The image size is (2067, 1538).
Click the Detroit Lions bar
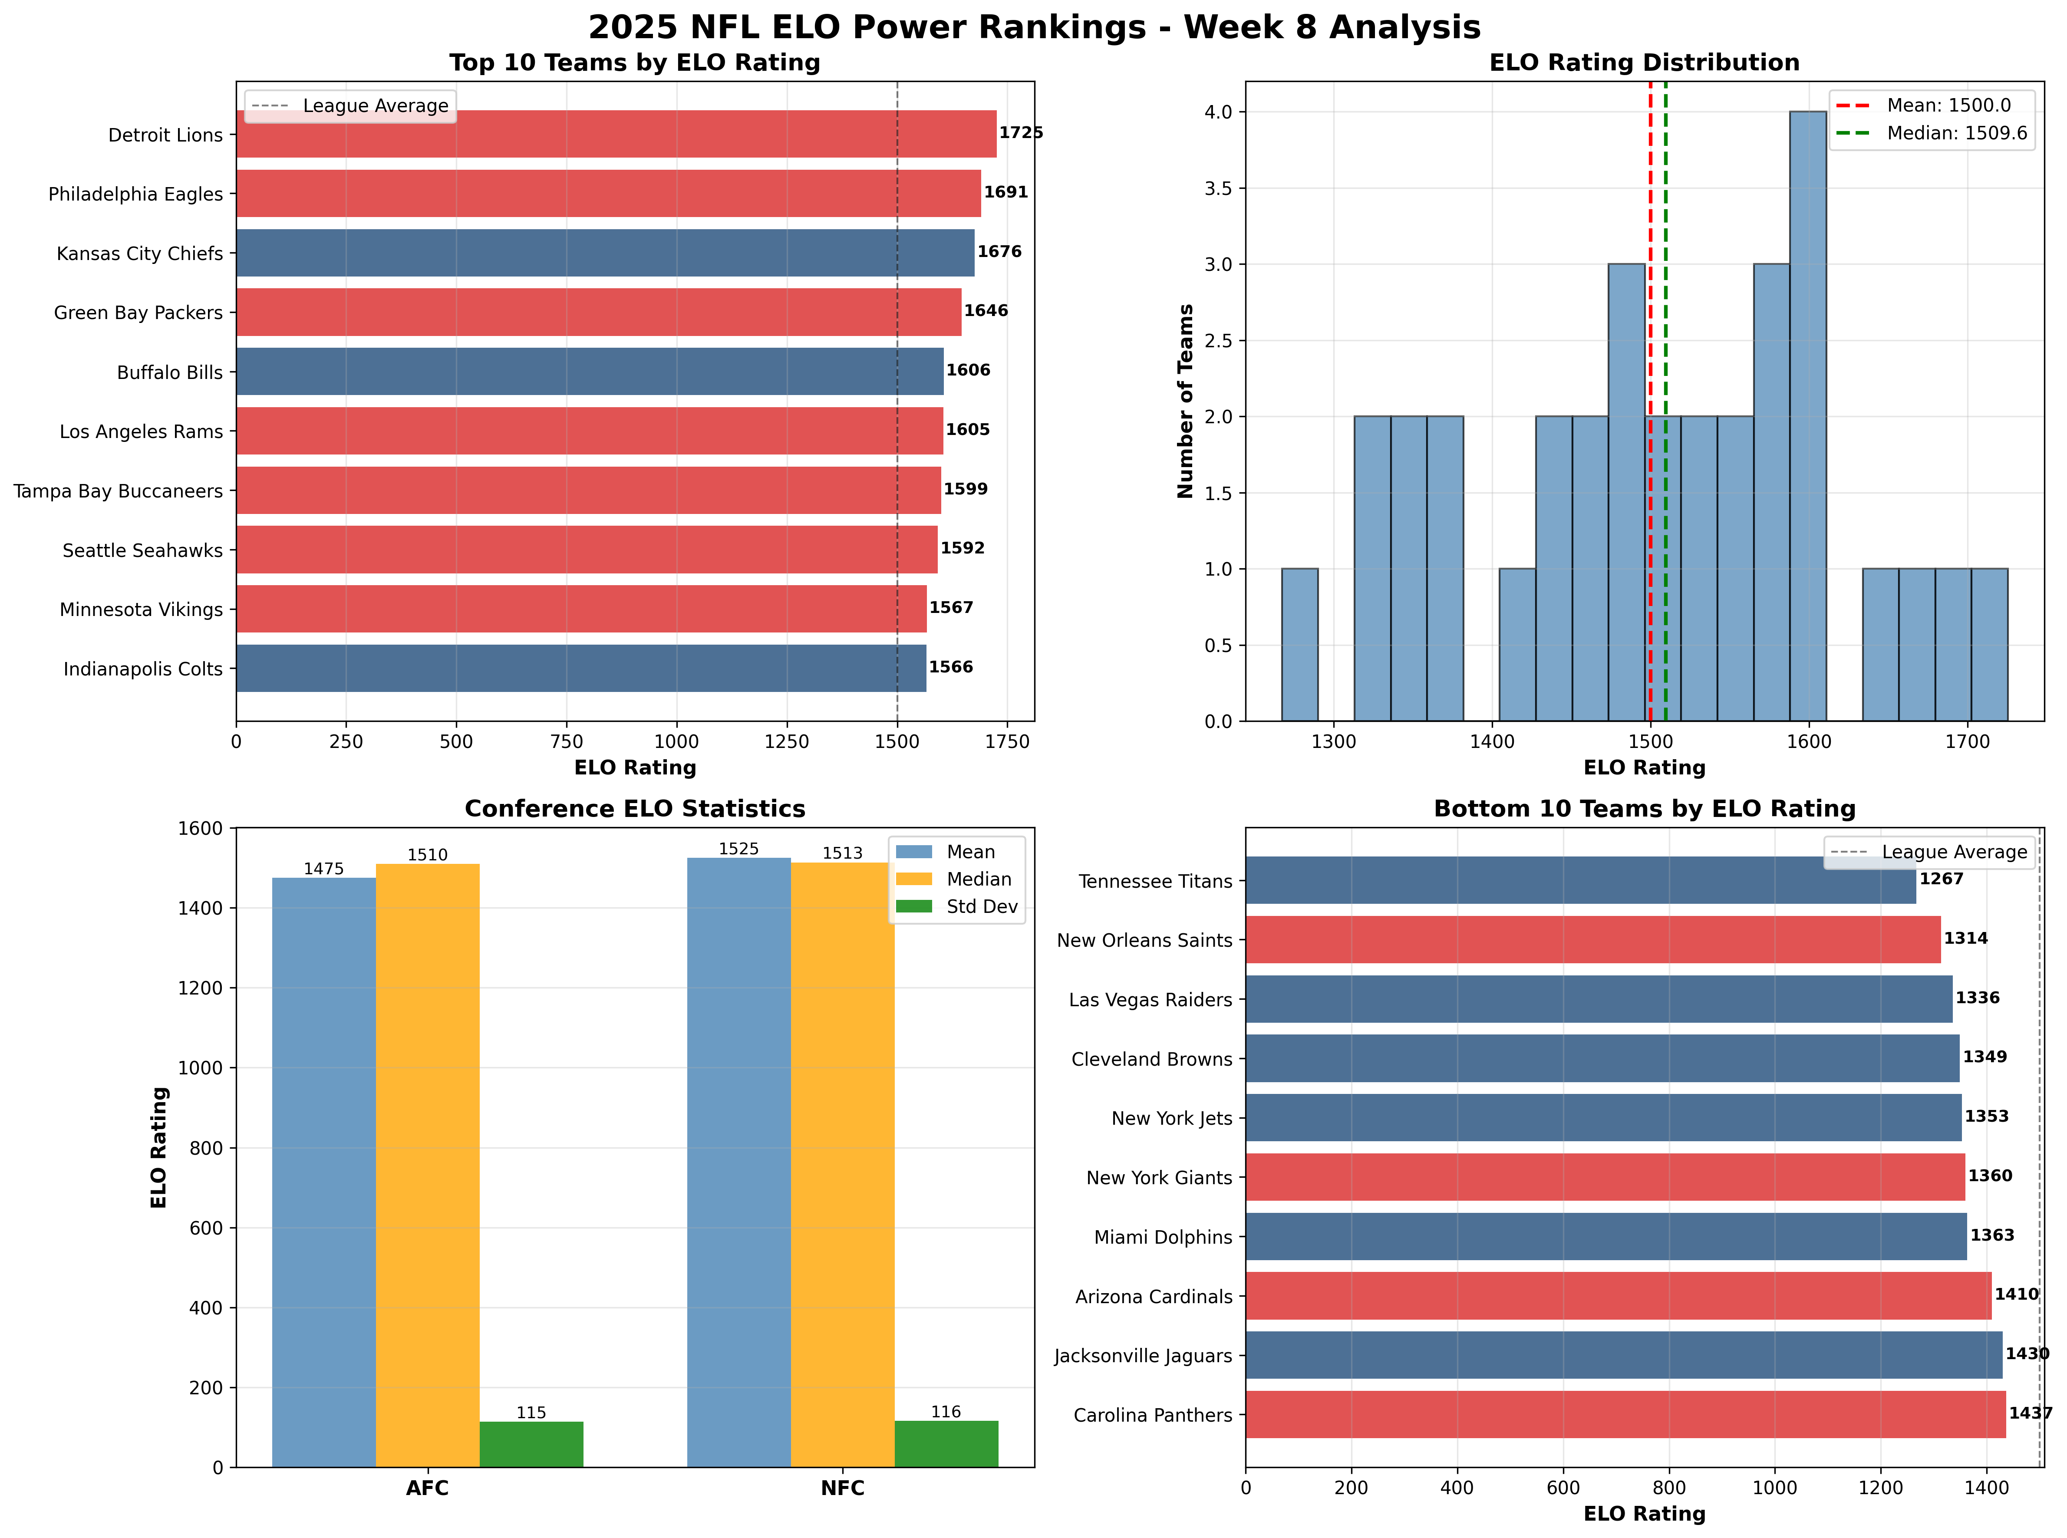point(614,134)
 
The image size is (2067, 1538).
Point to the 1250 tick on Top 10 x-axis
point(787,742)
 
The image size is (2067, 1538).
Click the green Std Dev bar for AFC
point(531,1444)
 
